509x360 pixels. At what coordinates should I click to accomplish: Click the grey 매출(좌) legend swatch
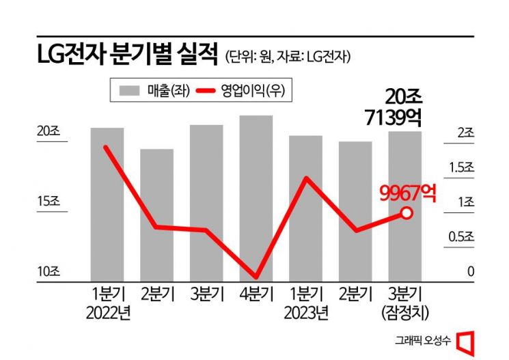129,89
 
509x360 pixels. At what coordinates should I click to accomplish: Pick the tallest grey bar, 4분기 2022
256,197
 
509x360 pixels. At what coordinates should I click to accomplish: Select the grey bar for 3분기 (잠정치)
405,206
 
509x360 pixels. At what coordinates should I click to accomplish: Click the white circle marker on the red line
407,213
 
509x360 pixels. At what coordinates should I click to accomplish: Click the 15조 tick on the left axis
49,202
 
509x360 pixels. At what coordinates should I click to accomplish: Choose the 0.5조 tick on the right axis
461,237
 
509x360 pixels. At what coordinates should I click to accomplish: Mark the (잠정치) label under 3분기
405,314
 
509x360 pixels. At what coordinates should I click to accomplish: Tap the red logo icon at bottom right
465,340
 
